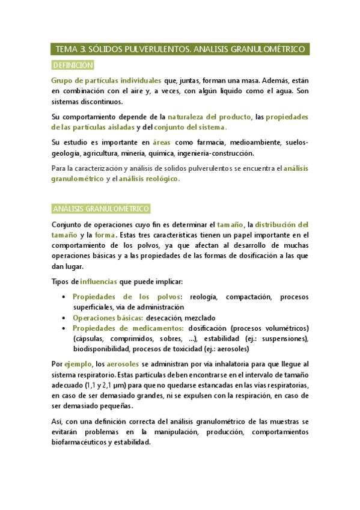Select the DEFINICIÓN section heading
click(73, 65)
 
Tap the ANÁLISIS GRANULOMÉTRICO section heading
click(100, 208)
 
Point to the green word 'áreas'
click(162, 143)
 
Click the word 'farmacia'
click(207, 143)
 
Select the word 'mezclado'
click(198, 318)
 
